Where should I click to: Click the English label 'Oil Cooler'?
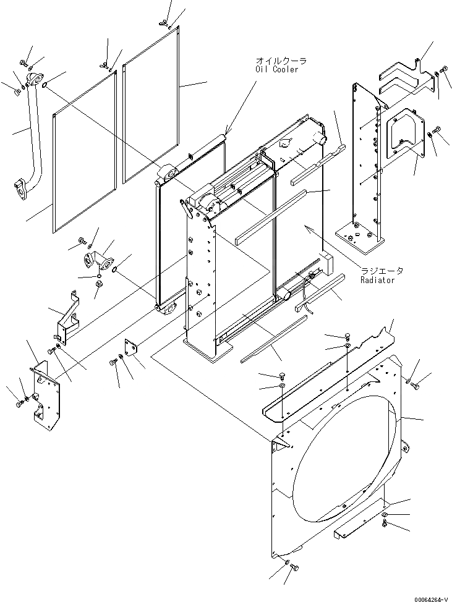pos(276,69)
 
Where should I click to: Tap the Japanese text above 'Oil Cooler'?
pos(281,61)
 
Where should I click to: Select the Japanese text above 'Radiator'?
pos(382,271)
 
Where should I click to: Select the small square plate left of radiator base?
pos(131,348)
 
